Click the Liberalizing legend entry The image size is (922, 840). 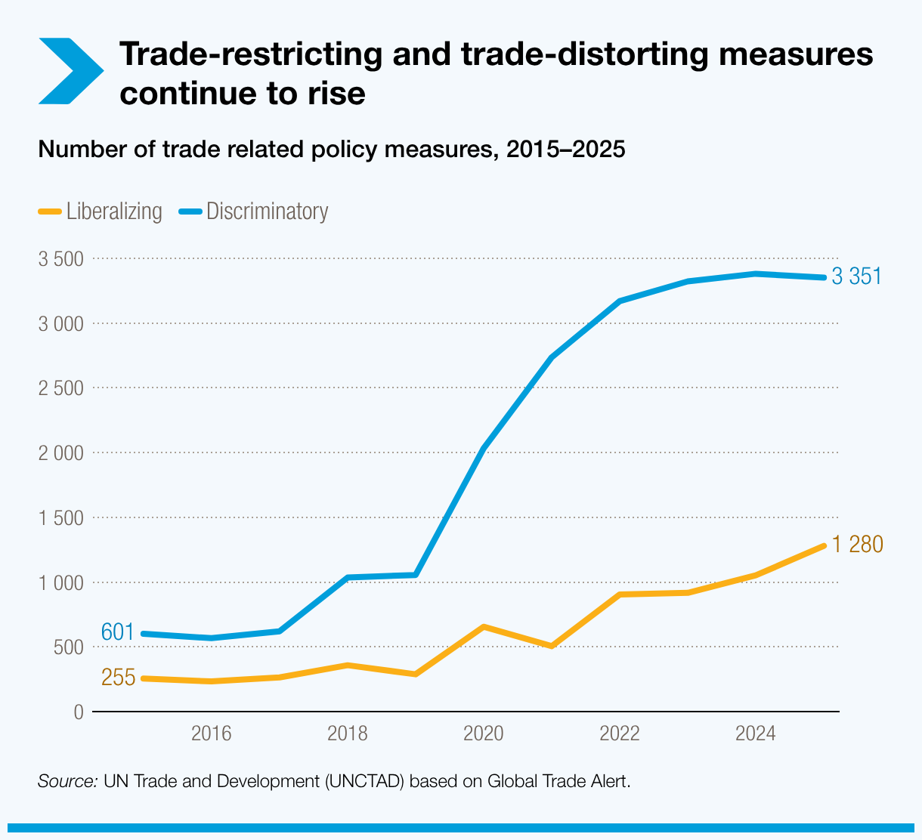pos(101,212)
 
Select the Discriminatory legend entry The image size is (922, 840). pos(254,212)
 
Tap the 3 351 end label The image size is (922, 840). pos(856,277)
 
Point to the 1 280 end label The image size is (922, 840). pos(857,545)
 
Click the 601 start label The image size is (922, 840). pos(117,632)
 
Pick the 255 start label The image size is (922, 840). pos(118,678)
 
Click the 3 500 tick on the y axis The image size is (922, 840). pos(60,259)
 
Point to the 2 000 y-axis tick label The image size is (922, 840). pos(60,453)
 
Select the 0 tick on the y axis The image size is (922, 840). pos(79,712)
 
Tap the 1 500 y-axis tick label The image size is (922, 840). pos(60,518)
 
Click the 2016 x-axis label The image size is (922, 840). pos(212,733)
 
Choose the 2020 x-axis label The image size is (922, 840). pos(484,733)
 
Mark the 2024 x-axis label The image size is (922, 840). pos(756,733)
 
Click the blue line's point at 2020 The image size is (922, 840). pos(484,448)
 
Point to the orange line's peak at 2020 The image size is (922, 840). pos(484,626)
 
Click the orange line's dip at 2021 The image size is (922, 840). pos(552,646)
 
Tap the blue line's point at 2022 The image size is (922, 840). pos(620,301)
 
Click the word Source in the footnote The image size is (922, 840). pos(67,780)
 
